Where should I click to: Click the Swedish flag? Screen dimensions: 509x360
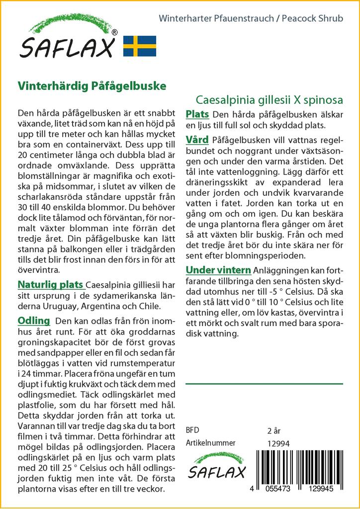click(140, 46)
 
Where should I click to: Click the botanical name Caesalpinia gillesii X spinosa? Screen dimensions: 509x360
click(269, 99)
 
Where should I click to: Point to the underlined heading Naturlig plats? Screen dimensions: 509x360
click(50, 285)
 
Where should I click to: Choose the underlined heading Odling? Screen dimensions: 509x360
click(34, 320)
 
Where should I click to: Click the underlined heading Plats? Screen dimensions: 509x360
click(197, 114)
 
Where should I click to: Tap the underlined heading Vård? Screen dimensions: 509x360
click(197, 140)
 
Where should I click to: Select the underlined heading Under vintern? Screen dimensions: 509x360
click(218, 270)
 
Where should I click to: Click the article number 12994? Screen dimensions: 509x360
click(278, 443)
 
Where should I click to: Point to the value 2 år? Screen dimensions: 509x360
click(274, 430)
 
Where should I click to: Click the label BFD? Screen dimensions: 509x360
click(192, 430)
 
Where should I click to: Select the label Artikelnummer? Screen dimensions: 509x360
click(210, 443)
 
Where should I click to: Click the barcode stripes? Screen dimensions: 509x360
click(298, 465)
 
